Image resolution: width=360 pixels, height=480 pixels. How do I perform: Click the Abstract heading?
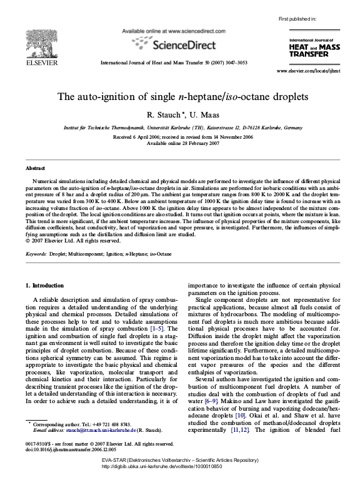tap(35, 169)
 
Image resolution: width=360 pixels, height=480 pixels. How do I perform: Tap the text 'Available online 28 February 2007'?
tap(180, 142)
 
